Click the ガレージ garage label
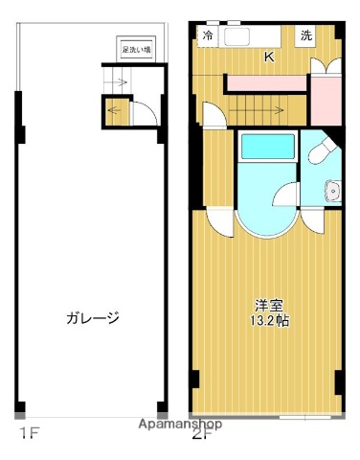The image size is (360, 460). pos(92,318)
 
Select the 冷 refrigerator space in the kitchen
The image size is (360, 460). pos(208,35)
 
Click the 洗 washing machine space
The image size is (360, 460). pos(305,35)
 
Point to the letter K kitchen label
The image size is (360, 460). pos(269,57)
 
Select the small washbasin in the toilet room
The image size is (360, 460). pos(333,189)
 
